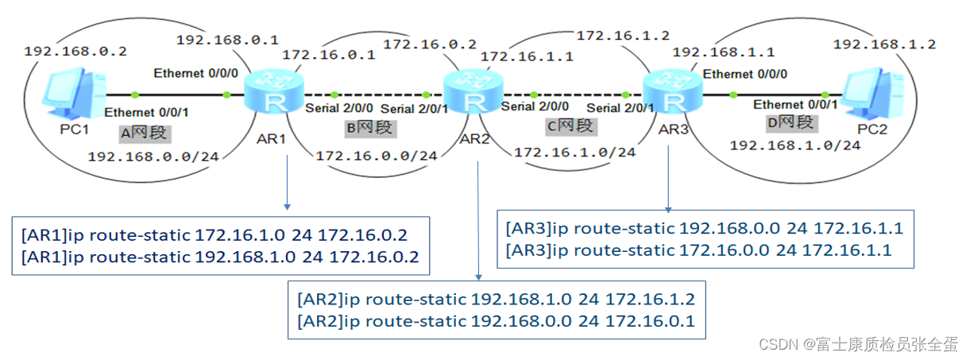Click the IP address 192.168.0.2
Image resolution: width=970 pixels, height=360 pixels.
coord(75,51)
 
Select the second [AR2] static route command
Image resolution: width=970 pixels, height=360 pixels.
coord(496,321)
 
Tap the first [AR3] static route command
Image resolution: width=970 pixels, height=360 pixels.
coord(704,228)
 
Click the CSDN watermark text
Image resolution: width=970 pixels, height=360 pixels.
coord(856,343)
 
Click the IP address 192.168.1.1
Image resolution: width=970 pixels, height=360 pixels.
coord(723,52)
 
